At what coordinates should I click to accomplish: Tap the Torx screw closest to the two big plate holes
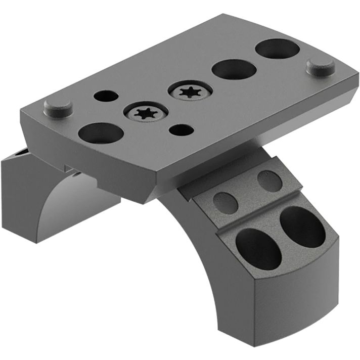(x=189, y=92)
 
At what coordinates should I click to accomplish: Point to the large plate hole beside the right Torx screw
(x=233, y=70)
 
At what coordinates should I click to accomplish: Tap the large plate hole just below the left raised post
(x=101, y=133)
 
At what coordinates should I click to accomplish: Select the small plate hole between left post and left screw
(x=106, y=96)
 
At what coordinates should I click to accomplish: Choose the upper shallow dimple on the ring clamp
(x=269, y=181)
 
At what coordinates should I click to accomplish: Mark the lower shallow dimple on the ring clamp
(x=226, y=203)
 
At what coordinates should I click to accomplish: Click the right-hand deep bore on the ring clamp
(x=302, y=227)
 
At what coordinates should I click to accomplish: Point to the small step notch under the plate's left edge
(x=67, y=166)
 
